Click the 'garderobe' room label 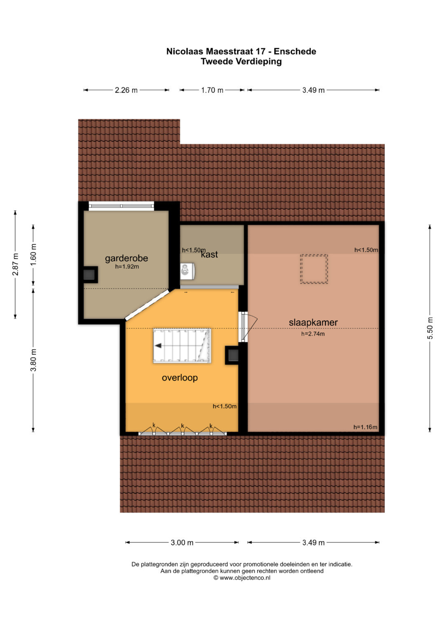click(126, 258)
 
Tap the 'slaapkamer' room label click(313, 323)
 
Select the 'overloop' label click(180, 378)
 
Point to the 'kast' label click(210, 255)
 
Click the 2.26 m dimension click(126, 90)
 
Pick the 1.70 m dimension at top click(212, 90)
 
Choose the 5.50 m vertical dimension click(430, 328)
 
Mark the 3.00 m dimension click(182, 542)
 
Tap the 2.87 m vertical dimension click(15, 264)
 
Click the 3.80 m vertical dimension click(33, 360)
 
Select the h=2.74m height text click(313, 334)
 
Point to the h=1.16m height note click(365, 427)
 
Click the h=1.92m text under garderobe click(127, 267)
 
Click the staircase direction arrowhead click(158, 345)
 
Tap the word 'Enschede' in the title click(295, 51)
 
